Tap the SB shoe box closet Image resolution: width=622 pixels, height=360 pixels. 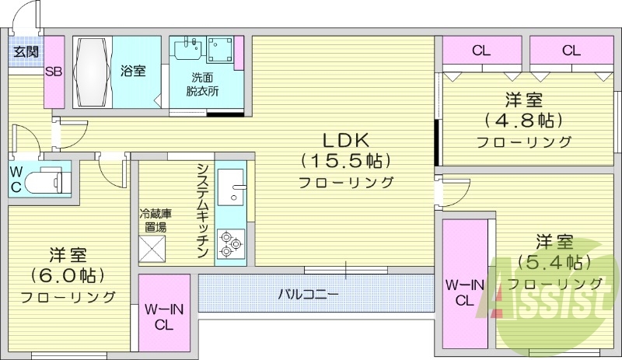coord(54,72)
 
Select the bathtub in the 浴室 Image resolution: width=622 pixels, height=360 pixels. coord(93,73)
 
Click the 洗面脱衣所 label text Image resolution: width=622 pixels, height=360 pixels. coord(201,84)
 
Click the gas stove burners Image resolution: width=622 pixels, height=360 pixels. coord(231,242)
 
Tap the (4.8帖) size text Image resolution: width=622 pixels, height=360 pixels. coord(523,121)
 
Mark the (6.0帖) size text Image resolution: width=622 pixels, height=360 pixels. coord(68,275)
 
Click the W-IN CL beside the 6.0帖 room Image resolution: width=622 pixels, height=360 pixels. coord(164,316)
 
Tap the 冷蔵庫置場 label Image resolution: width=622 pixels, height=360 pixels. coord(155,220)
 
